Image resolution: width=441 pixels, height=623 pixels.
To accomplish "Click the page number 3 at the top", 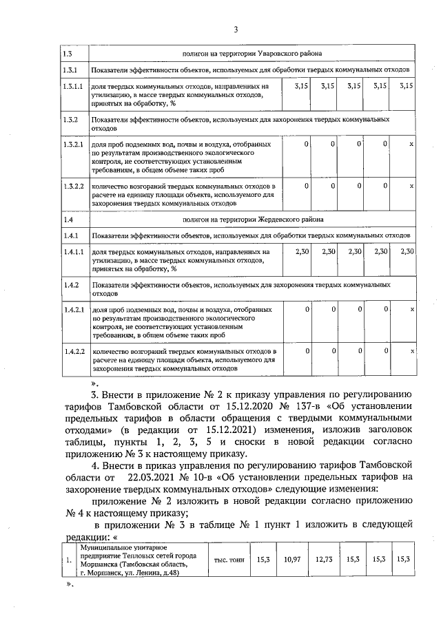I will coord(235,29).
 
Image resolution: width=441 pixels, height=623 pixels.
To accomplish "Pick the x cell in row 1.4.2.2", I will coord(411,352).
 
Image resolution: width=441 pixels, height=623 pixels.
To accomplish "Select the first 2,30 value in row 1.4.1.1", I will coord(301,252).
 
